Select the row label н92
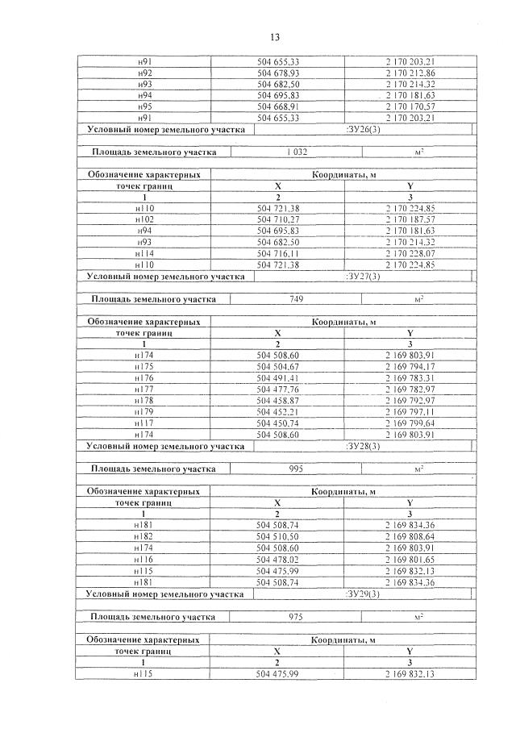click(145, 73)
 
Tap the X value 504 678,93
click(277, 73)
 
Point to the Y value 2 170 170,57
click(410, 106)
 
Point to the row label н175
click(145, 366)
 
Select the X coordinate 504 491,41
click(277, 377)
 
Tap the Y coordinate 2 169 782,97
click(410, 389)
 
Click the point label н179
click(145, 411)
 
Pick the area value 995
click(296, 468)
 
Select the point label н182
click(145, 535)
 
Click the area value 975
click(296, 617)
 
